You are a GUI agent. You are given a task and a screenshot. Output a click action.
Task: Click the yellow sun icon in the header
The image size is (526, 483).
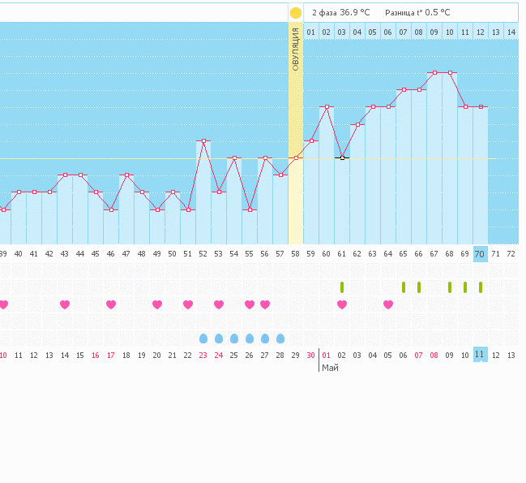pos(296,13)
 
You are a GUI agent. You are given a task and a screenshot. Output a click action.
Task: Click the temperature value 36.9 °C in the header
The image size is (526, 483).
pos(355,13)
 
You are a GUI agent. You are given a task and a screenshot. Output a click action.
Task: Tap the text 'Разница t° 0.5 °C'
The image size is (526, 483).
pos(417,13)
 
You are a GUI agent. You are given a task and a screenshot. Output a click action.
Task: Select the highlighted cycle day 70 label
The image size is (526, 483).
pos(480,254)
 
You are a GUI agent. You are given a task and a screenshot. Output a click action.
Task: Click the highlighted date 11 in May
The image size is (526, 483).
pos(480,355)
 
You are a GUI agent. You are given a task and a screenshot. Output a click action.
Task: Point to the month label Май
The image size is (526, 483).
pos(330,368)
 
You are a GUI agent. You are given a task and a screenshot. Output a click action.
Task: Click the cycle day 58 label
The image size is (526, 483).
pos(296,254)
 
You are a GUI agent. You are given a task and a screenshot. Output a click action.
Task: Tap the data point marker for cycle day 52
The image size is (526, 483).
pos(203,141)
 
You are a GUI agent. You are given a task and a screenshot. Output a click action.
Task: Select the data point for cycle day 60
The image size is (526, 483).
pos(327,106)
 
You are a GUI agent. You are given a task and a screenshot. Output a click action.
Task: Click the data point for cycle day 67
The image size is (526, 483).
pos(434,72)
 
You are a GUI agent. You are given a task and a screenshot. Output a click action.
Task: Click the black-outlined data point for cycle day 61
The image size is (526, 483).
pos(342,157)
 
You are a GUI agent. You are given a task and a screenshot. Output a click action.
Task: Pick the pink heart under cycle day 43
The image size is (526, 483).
pos(65,304)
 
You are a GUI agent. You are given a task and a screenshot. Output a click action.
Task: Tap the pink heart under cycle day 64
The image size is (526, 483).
pos(388,304)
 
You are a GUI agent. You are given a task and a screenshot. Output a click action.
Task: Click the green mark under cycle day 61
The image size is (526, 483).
pos(342,287)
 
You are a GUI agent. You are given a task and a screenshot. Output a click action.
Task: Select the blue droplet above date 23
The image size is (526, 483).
pos(203,338)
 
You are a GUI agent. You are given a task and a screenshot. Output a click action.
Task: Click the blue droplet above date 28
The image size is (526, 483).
pos(280,338)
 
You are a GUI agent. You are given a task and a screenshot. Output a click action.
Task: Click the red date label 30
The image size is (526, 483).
pos(311,355)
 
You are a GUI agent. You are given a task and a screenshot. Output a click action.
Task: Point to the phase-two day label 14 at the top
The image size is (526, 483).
pos(511,32)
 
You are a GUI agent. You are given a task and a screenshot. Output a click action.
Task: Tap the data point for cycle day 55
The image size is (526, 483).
pos(250,209)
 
